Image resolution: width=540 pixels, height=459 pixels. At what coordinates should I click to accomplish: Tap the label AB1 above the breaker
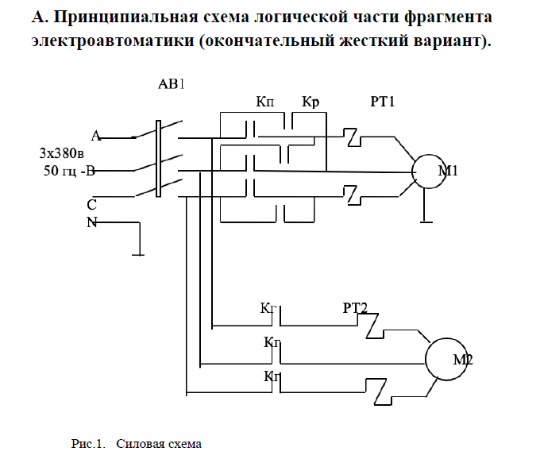(x=172, y=83)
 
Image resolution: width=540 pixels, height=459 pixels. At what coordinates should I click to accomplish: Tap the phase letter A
(x=95, y=135)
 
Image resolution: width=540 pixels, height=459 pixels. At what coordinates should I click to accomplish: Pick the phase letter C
(x=92, y=204)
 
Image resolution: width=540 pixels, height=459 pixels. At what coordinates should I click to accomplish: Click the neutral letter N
(x=92, y=222)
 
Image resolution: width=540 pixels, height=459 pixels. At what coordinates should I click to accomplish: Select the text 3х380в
(x=65, y=152)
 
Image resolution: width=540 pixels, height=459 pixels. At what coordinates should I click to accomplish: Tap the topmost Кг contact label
(x=268, y=307)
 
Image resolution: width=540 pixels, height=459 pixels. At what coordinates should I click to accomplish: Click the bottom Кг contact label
(x=272, y=376)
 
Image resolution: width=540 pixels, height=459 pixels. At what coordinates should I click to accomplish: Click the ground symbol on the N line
(x=140, y=255)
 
